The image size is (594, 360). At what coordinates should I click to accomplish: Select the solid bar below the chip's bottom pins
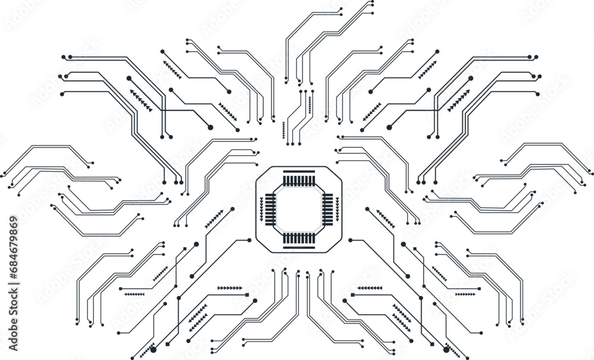298,247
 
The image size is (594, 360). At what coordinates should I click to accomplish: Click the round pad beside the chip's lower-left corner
249,240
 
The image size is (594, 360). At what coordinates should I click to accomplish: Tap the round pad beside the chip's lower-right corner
350,240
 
